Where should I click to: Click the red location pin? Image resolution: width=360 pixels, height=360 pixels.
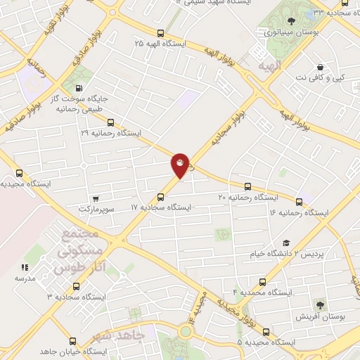[181, 165]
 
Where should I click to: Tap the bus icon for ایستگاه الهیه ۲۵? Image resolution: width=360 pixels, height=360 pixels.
[161, 32]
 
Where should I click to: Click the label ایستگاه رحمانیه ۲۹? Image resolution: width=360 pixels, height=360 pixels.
[110, 133]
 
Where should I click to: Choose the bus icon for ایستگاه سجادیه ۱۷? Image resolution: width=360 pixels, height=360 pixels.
[161, 197]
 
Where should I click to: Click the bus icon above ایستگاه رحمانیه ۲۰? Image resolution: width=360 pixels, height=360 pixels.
[247, 186]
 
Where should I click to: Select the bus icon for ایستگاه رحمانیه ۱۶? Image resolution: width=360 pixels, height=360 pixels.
[300, 202]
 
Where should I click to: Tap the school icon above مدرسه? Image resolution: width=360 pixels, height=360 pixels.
[25, 267]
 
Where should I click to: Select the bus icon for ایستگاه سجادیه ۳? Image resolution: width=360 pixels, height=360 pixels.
[76, 286]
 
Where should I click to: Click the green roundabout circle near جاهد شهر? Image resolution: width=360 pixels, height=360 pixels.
[186, 330]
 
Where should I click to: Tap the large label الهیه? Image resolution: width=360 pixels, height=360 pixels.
[269, 65]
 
